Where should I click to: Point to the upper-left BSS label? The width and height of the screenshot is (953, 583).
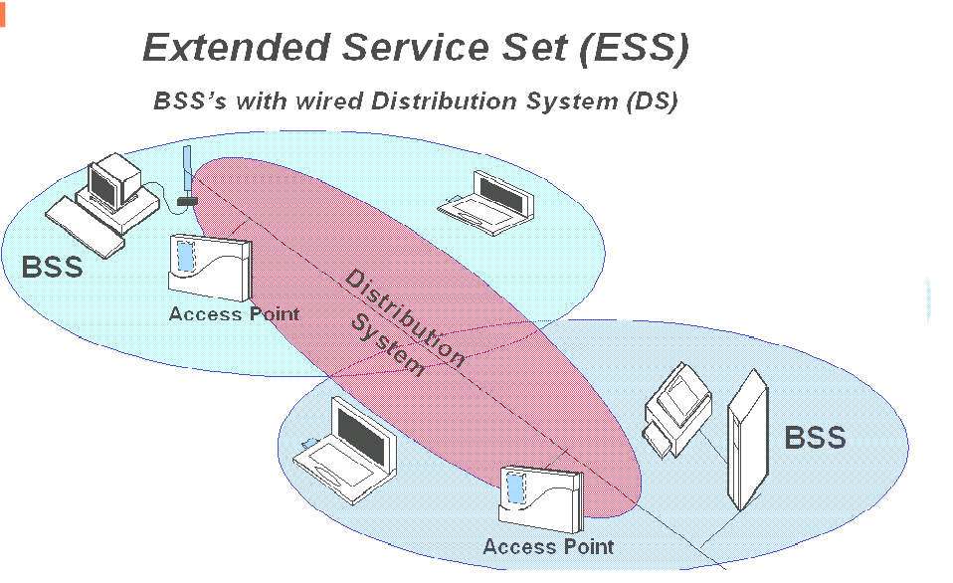[x=52, y=266]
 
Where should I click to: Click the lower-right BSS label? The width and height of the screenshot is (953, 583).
[x=815, y=437]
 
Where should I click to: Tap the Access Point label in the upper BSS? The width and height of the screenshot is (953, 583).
[x=233, y=313]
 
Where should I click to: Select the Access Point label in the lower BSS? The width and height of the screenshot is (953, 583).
[x=548, y=546]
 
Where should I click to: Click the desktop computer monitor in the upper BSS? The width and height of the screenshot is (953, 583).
[x=113, y=180]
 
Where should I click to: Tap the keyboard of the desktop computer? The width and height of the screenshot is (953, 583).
[x=87, y=223]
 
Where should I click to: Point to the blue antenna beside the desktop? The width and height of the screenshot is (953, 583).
[x=186, y=174]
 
